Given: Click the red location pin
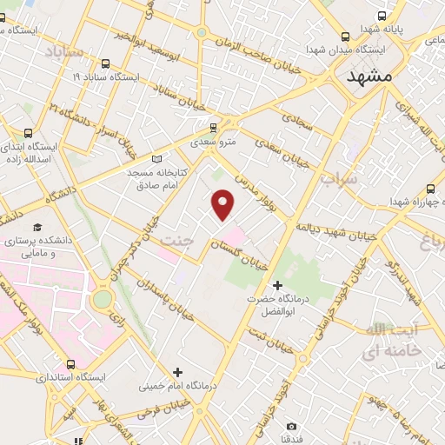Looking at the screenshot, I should [224, 203].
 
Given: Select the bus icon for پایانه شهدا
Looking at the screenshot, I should [382, 16].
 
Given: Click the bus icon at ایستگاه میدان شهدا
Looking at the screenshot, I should [346, 37].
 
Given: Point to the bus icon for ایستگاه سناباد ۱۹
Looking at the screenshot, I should [106, 63].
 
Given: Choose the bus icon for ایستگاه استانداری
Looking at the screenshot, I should [70, 365].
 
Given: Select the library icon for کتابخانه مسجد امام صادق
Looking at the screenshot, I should [156, 158].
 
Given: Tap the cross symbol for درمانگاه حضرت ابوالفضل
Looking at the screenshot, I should [278, 285].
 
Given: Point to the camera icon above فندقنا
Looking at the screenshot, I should [291, 426].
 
